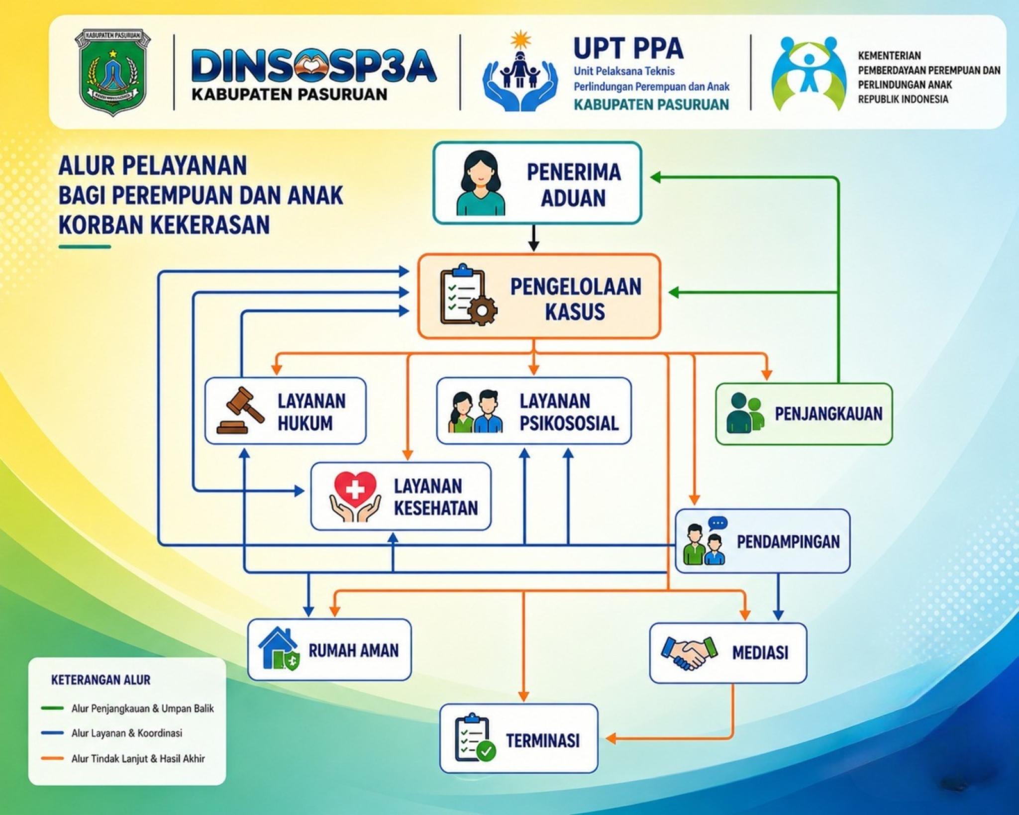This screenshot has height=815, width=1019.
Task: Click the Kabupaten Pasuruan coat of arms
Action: (x=113, y=72)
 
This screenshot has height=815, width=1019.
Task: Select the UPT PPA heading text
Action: (x=628, y=49)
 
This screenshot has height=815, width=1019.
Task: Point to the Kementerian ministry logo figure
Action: (x=808, y=73)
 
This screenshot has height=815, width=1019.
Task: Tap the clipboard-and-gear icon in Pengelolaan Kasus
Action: (x=468, y=295)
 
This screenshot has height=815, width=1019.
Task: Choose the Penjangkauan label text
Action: (x=828, y=413)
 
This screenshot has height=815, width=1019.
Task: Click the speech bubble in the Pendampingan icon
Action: (x=718, y=523)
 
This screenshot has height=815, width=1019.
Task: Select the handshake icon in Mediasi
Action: (x=689, y=652)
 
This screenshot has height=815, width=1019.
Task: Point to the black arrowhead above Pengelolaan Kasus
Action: (x=533, y=246)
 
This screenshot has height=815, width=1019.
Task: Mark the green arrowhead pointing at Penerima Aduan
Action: (x=656, y=177)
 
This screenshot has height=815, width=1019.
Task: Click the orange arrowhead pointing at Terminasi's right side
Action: (x=611, y=738)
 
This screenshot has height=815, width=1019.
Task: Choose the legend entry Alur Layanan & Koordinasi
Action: (x=127, y=733)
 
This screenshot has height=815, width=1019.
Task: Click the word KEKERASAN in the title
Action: (x=210, y=224)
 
